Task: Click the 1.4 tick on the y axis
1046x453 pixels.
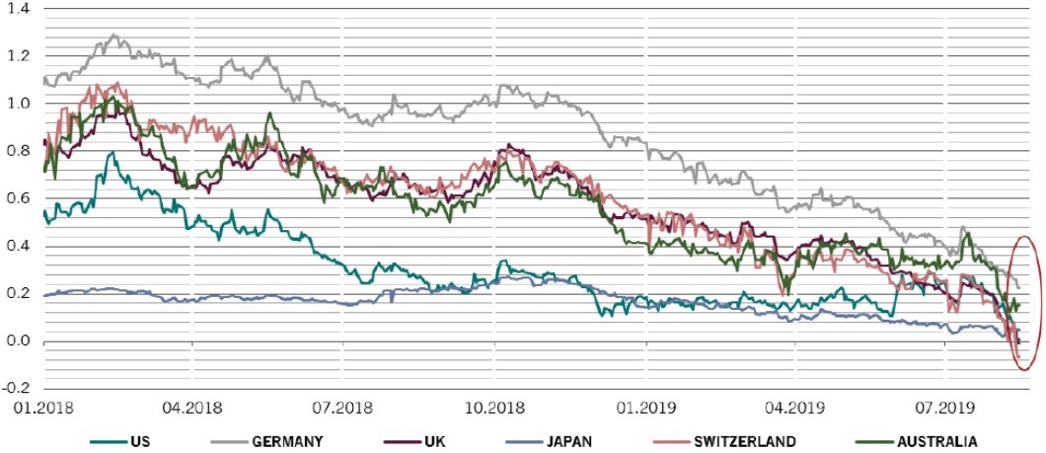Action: tap(19, 8)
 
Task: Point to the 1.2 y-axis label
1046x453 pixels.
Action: tap(19, 56)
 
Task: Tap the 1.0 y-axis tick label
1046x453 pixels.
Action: tap(19, 104)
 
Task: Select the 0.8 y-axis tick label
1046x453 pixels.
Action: tap(19, 152)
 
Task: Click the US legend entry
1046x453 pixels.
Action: tap(135, 441)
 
